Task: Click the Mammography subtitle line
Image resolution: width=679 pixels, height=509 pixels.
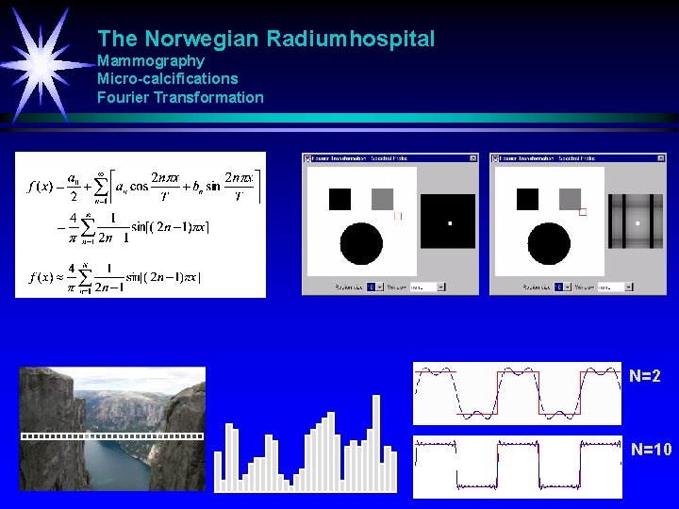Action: point(151,61)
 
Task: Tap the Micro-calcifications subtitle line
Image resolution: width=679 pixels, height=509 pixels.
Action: point(168,79)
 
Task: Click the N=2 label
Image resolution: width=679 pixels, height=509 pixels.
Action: point(645,376)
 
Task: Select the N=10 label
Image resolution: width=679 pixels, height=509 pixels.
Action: point(651,450)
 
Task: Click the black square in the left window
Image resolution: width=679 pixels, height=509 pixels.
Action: point(339,199)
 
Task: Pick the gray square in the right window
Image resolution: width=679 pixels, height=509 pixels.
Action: point(570,199)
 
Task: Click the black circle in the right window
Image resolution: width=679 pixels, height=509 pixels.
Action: point(548,244)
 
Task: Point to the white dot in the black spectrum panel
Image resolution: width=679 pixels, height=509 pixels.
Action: point(450,223)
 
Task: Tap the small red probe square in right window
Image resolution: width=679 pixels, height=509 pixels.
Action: point(583,213)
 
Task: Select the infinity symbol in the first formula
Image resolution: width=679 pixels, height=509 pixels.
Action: point(99,173)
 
